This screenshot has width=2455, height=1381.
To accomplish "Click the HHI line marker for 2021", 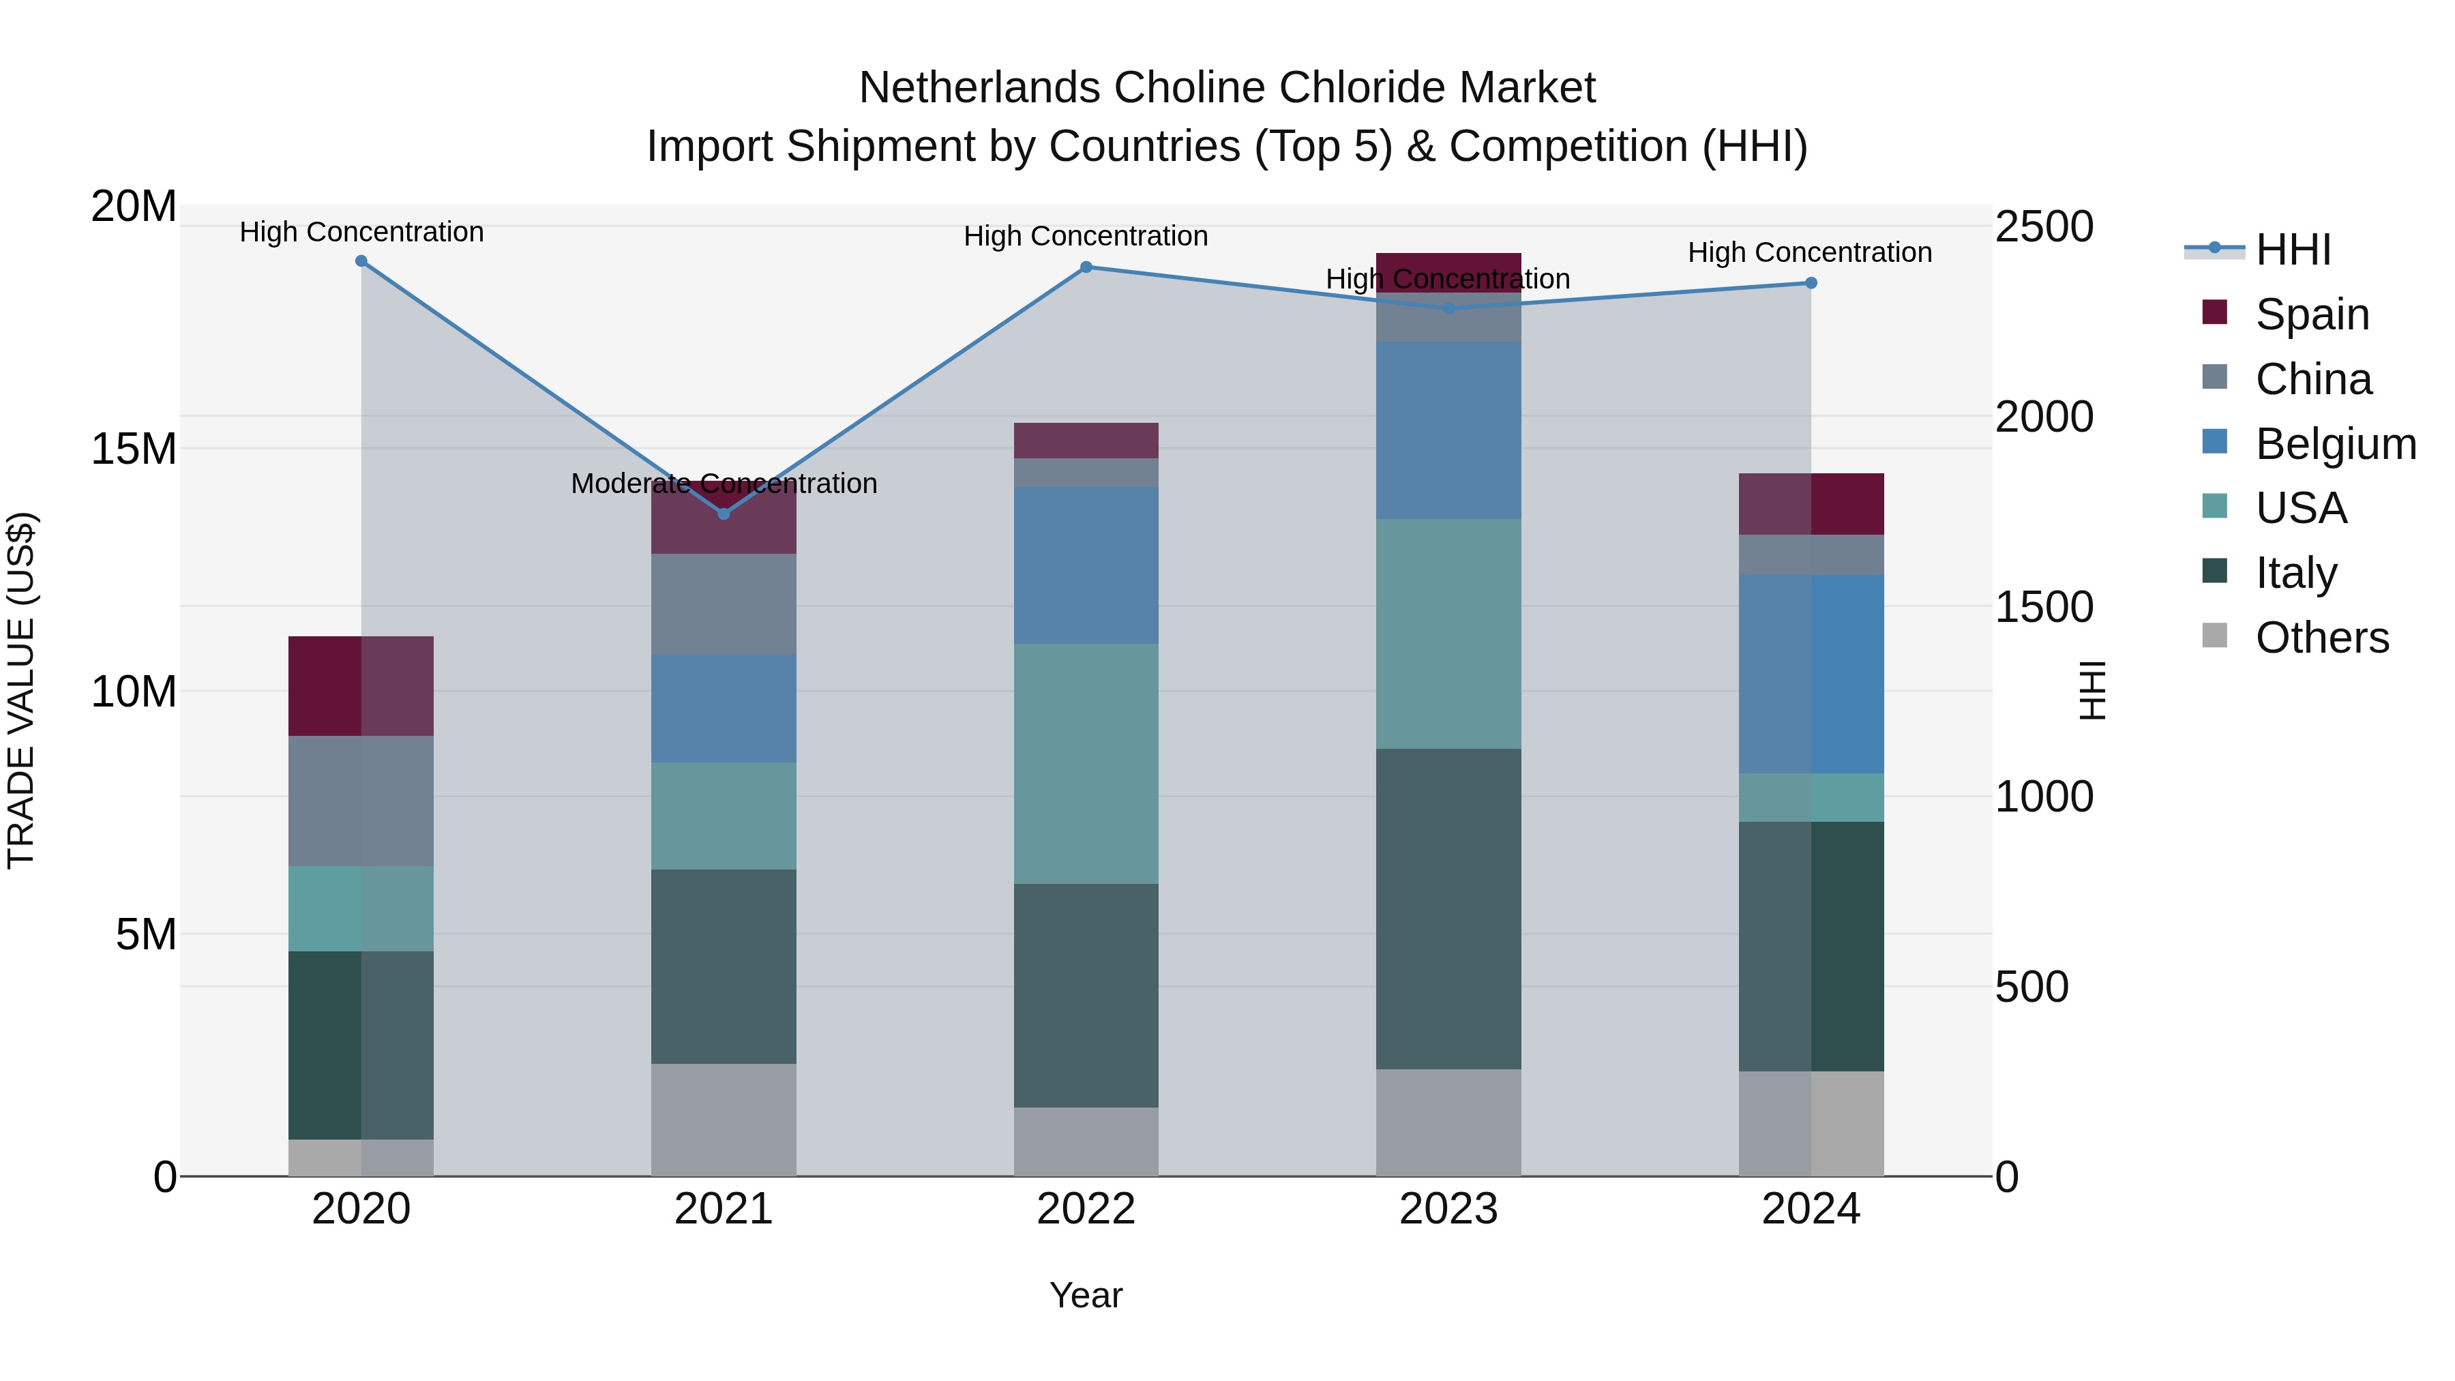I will click(x=724, y=514).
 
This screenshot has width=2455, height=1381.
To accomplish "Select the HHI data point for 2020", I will click(x=361, y=261).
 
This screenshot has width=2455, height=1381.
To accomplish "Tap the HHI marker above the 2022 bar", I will click(x=1086, y=267).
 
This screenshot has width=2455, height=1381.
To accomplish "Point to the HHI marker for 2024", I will click(x=1811, y=283).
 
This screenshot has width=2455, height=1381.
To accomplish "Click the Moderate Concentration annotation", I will click(x=724, y=484).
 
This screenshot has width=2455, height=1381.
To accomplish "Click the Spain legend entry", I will click(x=2311, y=314).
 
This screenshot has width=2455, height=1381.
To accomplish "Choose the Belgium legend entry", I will click(x=2335, y=444).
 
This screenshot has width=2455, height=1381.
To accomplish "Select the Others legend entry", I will click(x=2321, y=638).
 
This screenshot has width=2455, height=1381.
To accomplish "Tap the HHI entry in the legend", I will click(x=2293, y=250).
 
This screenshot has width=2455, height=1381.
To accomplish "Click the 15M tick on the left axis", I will click(x=134, y=449).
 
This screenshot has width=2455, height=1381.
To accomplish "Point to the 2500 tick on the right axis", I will click(x=2044, y=227).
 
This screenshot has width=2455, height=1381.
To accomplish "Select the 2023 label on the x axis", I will click(x=1448, y=1209).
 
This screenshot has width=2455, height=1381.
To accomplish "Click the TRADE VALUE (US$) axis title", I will click(x=21, y=690).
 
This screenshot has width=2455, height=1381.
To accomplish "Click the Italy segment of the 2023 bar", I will click(x=1448, y=908).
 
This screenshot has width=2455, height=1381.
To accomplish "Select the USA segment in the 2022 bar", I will click(x=1086, y=762).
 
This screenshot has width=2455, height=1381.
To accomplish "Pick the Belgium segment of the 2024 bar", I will click(x=1811, y=674).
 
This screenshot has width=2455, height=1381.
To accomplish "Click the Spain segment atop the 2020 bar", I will click(x=361, y=685).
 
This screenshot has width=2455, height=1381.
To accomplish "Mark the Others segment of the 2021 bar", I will click(x=724, y=1120).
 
